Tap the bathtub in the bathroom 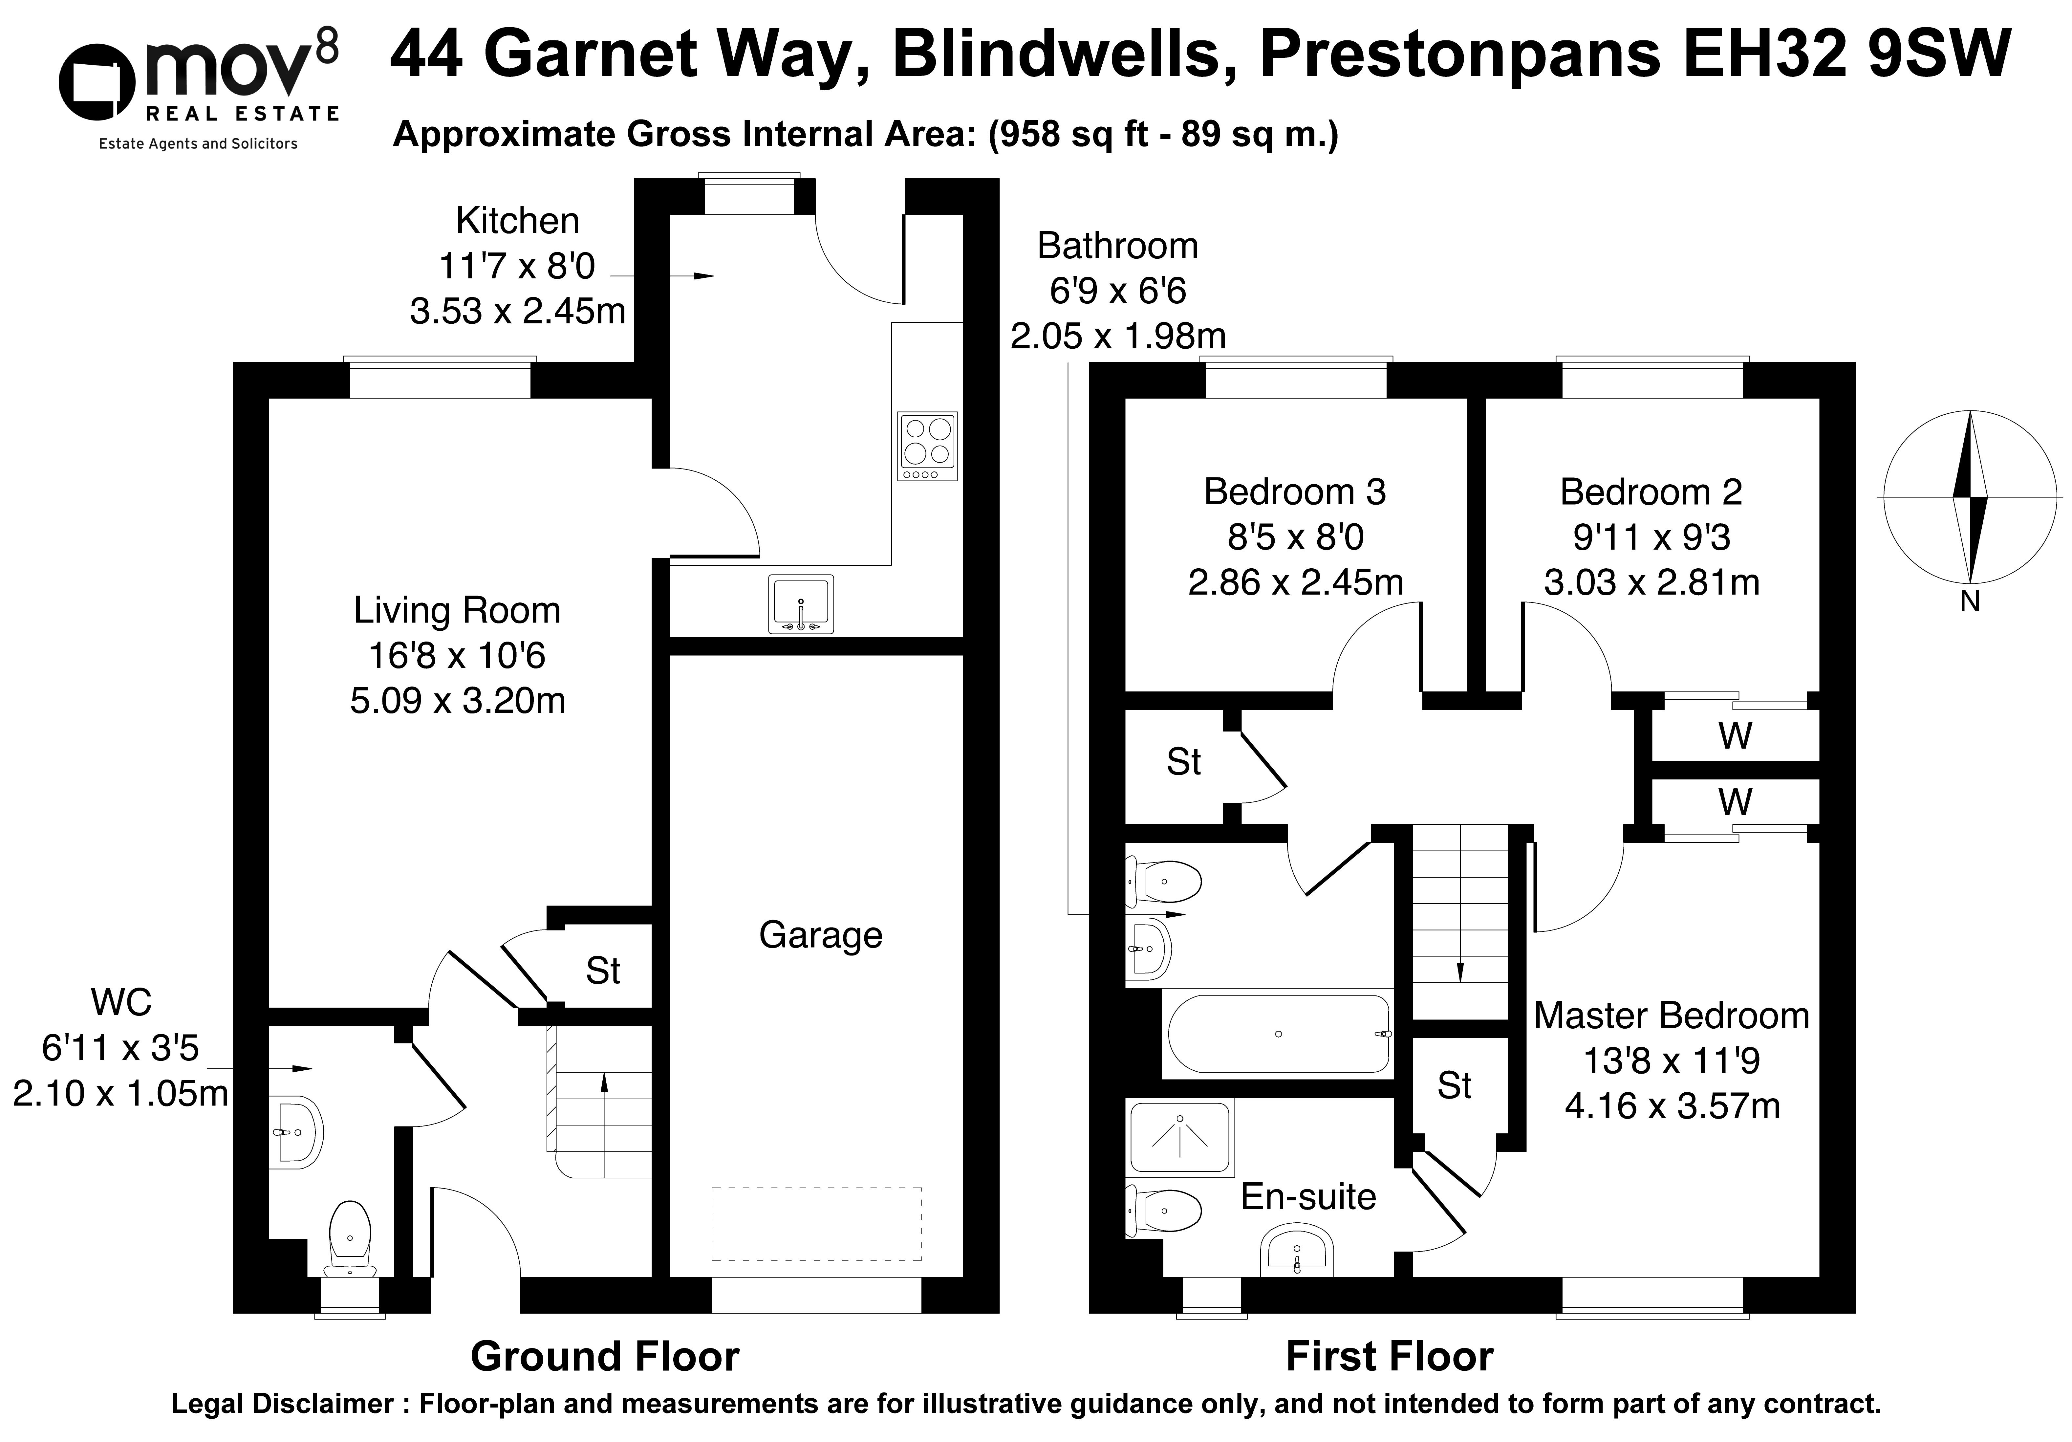[1279, 1034]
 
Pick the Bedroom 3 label [1295, 492]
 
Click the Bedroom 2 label [1651, 492]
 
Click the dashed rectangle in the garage [817, 1224]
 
